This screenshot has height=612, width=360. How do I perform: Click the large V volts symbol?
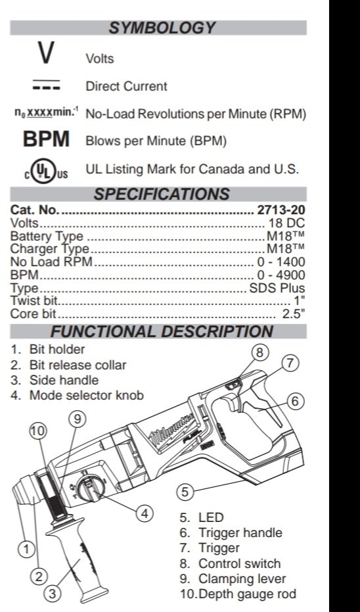46,53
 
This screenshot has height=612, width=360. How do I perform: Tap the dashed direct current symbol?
47,85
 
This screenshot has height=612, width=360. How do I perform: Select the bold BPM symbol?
47,139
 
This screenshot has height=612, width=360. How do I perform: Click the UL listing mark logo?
46,171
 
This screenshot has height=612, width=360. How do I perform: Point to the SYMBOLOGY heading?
162,28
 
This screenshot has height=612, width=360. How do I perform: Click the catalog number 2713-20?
281,210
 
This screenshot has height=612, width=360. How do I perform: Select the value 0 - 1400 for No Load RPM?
281,262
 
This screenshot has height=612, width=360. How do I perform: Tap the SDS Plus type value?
277,288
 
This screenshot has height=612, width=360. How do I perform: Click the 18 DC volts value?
286,224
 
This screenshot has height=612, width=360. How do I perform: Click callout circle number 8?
259,352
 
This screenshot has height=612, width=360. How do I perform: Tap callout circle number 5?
185,492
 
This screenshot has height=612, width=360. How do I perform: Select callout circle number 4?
145,513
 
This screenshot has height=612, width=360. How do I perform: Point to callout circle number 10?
38,431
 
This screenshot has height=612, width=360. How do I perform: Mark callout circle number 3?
53,594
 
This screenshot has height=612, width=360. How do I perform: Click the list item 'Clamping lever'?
242,578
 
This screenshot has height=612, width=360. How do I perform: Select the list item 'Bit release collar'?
78,365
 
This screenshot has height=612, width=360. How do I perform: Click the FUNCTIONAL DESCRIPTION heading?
162,331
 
